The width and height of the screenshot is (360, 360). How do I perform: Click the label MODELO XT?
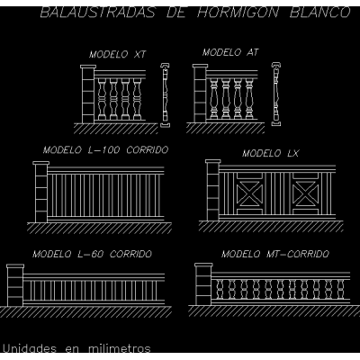[x=117, y=54]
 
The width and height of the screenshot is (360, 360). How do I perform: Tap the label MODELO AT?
[x=230, y=52]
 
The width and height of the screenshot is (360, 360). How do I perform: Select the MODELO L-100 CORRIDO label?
[x=105, y=149]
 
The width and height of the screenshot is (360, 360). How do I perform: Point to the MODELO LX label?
[x=271, y=153]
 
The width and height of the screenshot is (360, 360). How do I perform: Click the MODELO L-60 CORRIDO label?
[x=93, y=254]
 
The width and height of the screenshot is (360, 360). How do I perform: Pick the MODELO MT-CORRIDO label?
[x=275, y=254]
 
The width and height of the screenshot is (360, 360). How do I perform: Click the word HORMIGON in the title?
[x=238, y=13]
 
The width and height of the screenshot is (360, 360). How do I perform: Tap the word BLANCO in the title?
[x=320, y=13]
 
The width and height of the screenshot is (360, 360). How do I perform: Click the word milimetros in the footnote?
[x=120, y=348]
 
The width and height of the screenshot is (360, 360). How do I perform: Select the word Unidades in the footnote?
[x=30, y=348]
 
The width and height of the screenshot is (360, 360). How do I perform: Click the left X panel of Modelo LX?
[x=249, y=193]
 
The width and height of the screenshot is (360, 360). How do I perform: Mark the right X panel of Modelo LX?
[x=305, y=193]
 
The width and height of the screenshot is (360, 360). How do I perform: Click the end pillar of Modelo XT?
[x=88, y=94]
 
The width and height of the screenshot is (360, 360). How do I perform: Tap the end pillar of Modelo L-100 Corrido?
[x=41, y=192]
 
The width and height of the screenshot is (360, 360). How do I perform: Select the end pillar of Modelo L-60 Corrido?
[x=15, y=285]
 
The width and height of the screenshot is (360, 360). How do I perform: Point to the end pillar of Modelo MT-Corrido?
[x=203, y=284]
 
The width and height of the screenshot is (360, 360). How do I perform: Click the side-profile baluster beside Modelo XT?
[x=165, y=95]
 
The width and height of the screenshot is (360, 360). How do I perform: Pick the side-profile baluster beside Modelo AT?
[x=276, y=94]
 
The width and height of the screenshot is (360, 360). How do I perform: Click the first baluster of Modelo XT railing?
[x=102, y=99]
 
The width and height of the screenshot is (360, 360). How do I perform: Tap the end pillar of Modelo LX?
[x=213, y=191]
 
